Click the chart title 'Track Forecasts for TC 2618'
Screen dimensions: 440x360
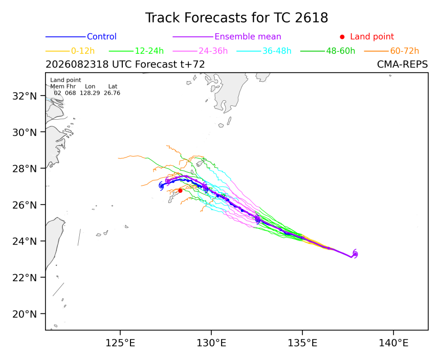click(236, 18)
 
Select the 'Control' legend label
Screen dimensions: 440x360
click(102, 37)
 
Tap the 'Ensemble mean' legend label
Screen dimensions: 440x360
click(248, 37)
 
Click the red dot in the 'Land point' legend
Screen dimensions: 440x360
click(342, 37)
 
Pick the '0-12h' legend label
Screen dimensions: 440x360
click(83, 51)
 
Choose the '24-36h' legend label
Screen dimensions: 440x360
click(213, 51)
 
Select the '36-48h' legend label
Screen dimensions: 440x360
click(277, 51)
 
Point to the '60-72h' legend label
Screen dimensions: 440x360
click(405, 51)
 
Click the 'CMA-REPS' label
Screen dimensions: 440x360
click(403, 64)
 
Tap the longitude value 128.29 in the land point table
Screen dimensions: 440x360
click(90, 93)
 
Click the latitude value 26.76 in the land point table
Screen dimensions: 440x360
click(112, 93)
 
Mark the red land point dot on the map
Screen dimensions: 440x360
click(180, 191)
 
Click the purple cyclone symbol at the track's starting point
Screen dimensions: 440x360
click(355, 254)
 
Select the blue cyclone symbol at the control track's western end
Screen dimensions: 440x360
click(161, 186)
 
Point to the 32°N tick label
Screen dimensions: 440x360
click(25, 96)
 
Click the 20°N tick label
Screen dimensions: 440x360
click(25, 314)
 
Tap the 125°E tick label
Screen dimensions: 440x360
click(120, 343)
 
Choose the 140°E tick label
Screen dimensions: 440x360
click(393, 343)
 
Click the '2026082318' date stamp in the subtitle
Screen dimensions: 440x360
click(77, 64)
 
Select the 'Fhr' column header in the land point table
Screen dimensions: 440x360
click(71, 86)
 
